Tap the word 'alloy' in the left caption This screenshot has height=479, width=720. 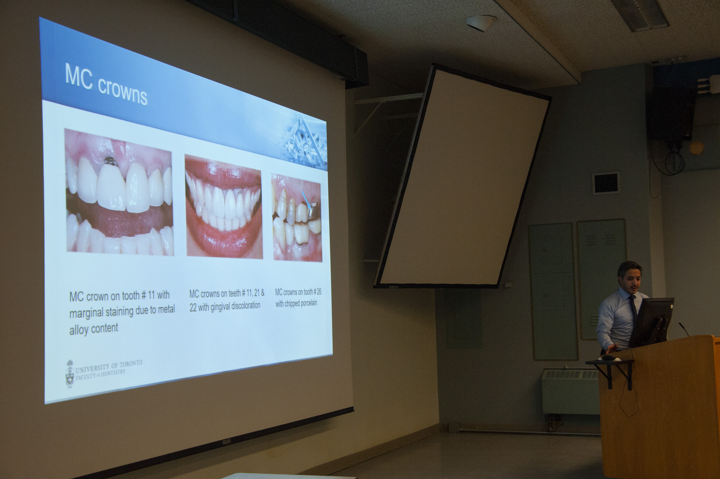pyautogui.click(x=79, y=330)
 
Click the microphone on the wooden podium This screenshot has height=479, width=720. pyautogui.click(x=684, y=329)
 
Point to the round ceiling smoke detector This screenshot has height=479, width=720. pyautogui.click(x=480, y=23)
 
